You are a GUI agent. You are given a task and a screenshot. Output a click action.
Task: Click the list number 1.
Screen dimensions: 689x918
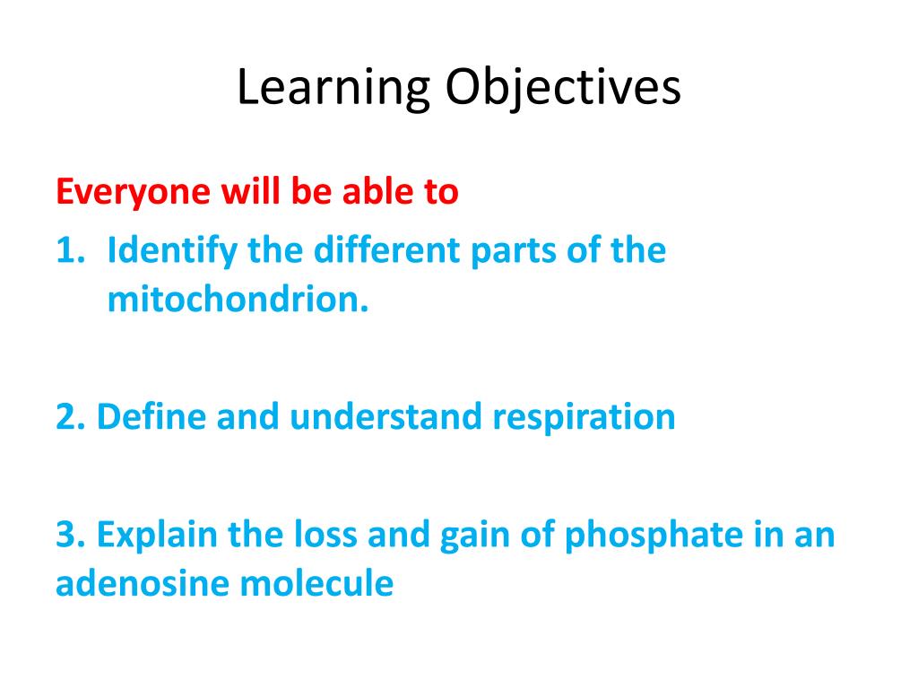(x=67, y=250)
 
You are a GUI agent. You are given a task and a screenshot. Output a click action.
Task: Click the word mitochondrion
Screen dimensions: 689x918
(x=238, y=301)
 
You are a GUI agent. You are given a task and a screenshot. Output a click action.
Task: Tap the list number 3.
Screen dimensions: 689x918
(x=68, y=536)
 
